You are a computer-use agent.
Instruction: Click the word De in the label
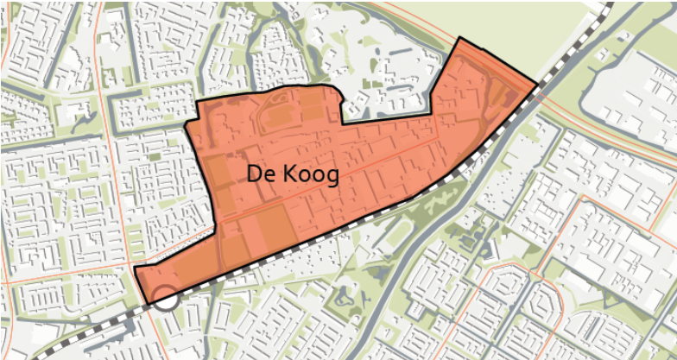point(260,174)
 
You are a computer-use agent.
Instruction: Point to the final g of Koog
point(332,176)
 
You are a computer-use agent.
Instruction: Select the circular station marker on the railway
point(165,299)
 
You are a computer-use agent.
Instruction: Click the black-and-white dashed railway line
point(345,226)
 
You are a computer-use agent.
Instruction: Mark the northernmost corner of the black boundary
point(460,39)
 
